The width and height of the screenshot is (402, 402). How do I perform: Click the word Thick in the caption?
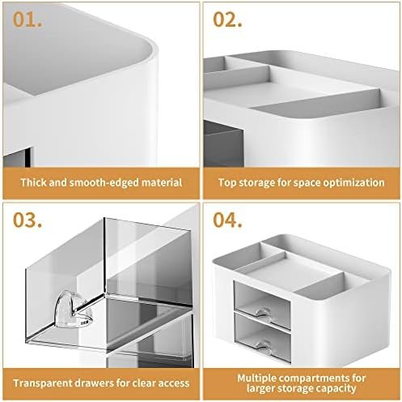coord(36,182)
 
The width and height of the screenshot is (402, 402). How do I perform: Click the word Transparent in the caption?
coord(44,383)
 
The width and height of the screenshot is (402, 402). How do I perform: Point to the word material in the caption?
coord(159,182)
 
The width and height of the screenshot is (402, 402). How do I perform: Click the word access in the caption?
coord(173,383)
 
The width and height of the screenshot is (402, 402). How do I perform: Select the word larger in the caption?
coord(264,389)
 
